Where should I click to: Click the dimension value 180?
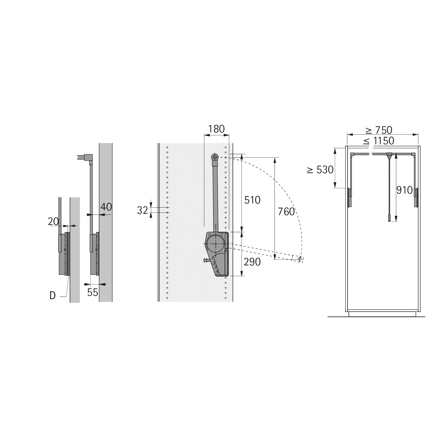click(216, 129)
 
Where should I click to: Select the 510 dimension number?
click(253, 200)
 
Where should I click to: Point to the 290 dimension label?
click(252, 262)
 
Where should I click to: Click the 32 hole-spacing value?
click(143, 210)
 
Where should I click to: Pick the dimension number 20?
click(53, 221)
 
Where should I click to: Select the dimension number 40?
click(106, 207)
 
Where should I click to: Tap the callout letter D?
click(53, 295)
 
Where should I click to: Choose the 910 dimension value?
click(405, 190)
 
